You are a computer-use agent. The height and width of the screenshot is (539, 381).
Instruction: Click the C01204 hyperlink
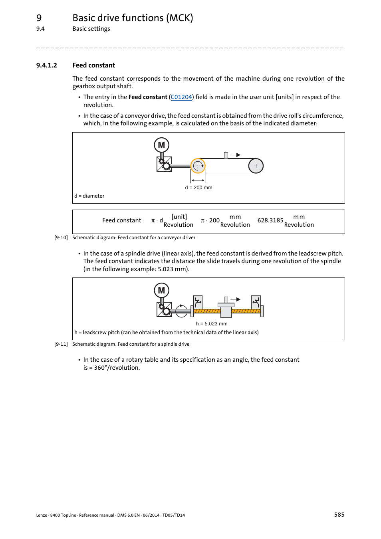pyautogui.click(x=181, y=97)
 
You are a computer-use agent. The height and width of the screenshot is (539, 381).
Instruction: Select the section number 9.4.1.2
pyautogui.click(x=46, y=65)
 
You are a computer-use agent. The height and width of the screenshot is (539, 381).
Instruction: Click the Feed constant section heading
pyautogui.click(x=93, y=65)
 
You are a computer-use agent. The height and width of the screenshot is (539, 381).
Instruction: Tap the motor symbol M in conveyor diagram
pyautogui.click(x=161, y=145)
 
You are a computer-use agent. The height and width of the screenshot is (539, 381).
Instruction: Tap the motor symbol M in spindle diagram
pyautogui.click(x=161, y=291)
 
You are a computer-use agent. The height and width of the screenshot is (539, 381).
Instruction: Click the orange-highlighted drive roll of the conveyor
pyautogui.click(x=198, y=166)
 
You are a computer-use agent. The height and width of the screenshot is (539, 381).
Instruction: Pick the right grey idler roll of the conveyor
pyautogui.click(x=256, y=166)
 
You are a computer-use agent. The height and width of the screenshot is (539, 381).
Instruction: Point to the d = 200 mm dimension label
pyautogui.click(x=198, y=188)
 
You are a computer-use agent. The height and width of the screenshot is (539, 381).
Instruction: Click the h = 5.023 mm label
pyautogui.click(x=211, y=324)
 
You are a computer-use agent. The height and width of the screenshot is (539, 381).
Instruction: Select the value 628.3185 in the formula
pyautogui.click(x=270, y=220)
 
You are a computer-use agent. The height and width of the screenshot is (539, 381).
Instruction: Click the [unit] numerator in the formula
pyautogui.click(x=179, y=217)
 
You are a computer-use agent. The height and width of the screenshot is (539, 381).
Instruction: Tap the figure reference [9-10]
pyautogui.click(x=61, y=238)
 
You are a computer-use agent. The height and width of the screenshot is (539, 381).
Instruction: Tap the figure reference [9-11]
pyautogui.click(x=61, y=344)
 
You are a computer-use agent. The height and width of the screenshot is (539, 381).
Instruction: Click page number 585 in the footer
pyautogui.click(x=339, y=515)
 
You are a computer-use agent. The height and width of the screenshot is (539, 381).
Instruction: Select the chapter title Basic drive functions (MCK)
pyautogui.click(x=133, y=18)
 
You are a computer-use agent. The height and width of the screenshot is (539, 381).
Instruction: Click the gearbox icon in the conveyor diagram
pyautogui.click(x=164, y=164)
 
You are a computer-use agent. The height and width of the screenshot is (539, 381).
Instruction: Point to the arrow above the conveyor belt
pyautogui.click(x=236, y=155)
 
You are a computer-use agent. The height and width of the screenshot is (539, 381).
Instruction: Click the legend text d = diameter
pyautogui.click(x=89, y=196)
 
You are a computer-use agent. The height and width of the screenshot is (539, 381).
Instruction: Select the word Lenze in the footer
pyautogui.click(x=42, y=515)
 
